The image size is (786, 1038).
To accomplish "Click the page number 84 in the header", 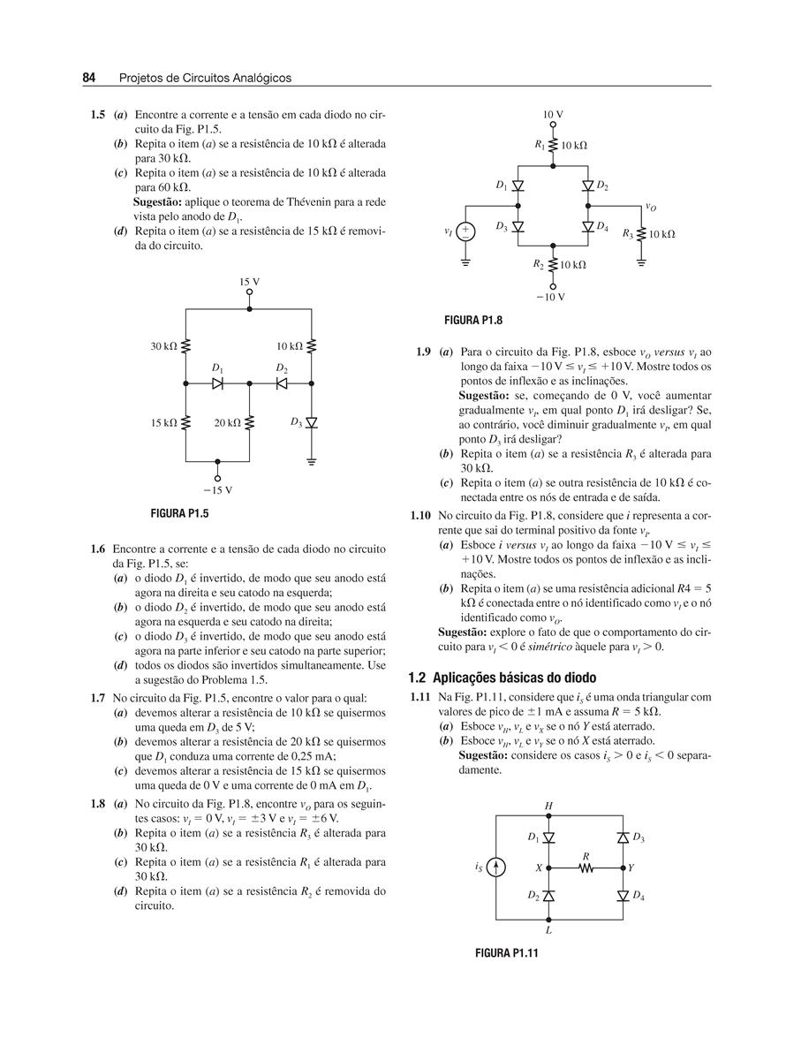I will click(x=89, y=78).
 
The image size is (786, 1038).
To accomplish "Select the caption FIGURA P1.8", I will click(x=472, y=319).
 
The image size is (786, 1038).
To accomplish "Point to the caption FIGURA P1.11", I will click(x=507, y=953).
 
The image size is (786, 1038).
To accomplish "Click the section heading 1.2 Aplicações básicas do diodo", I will click(x=503, y=678).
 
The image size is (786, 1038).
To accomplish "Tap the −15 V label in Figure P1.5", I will click(x=217, y=489).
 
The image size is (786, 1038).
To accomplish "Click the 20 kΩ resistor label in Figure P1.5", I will click(x=228, y=423).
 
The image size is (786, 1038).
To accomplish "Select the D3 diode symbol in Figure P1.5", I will click(x=312, y=423).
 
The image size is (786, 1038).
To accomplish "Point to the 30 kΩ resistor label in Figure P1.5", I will click(x=164, y=346).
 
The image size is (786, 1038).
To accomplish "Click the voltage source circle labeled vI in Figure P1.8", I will click(x=466, y=231).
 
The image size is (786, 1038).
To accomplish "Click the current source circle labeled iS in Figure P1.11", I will click(x=497, y=868).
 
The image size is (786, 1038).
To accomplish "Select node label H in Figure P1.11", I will click(x=548, y=805).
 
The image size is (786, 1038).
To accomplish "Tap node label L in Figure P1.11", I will click(x=548, y=929).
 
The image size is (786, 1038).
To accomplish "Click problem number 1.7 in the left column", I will click(x=98, y=698).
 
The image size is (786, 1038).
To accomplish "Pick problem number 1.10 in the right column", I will click(x=420, y=515).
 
